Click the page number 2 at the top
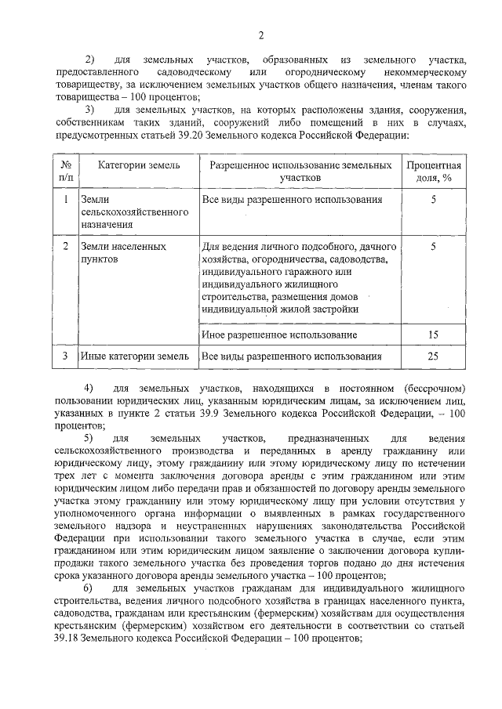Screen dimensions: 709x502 point(261,34)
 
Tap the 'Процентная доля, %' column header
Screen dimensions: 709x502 point(433,172)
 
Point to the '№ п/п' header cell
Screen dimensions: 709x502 point(66,172)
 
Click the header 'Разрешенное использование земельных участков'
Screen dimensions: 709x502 point(296,172)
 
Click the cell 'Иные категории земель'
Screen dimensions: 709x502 point(134,356)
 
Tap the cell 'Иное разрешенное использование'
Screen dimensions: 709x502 point(274,335)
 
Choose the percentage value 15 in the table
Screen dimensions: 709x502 point(433,335)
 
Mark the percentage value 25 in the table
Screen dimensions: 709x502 point(433,356)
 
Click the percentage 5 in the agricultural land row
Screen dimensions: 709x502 point(433,200)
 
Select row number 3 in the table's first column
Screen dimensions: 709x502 point(66,356)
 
